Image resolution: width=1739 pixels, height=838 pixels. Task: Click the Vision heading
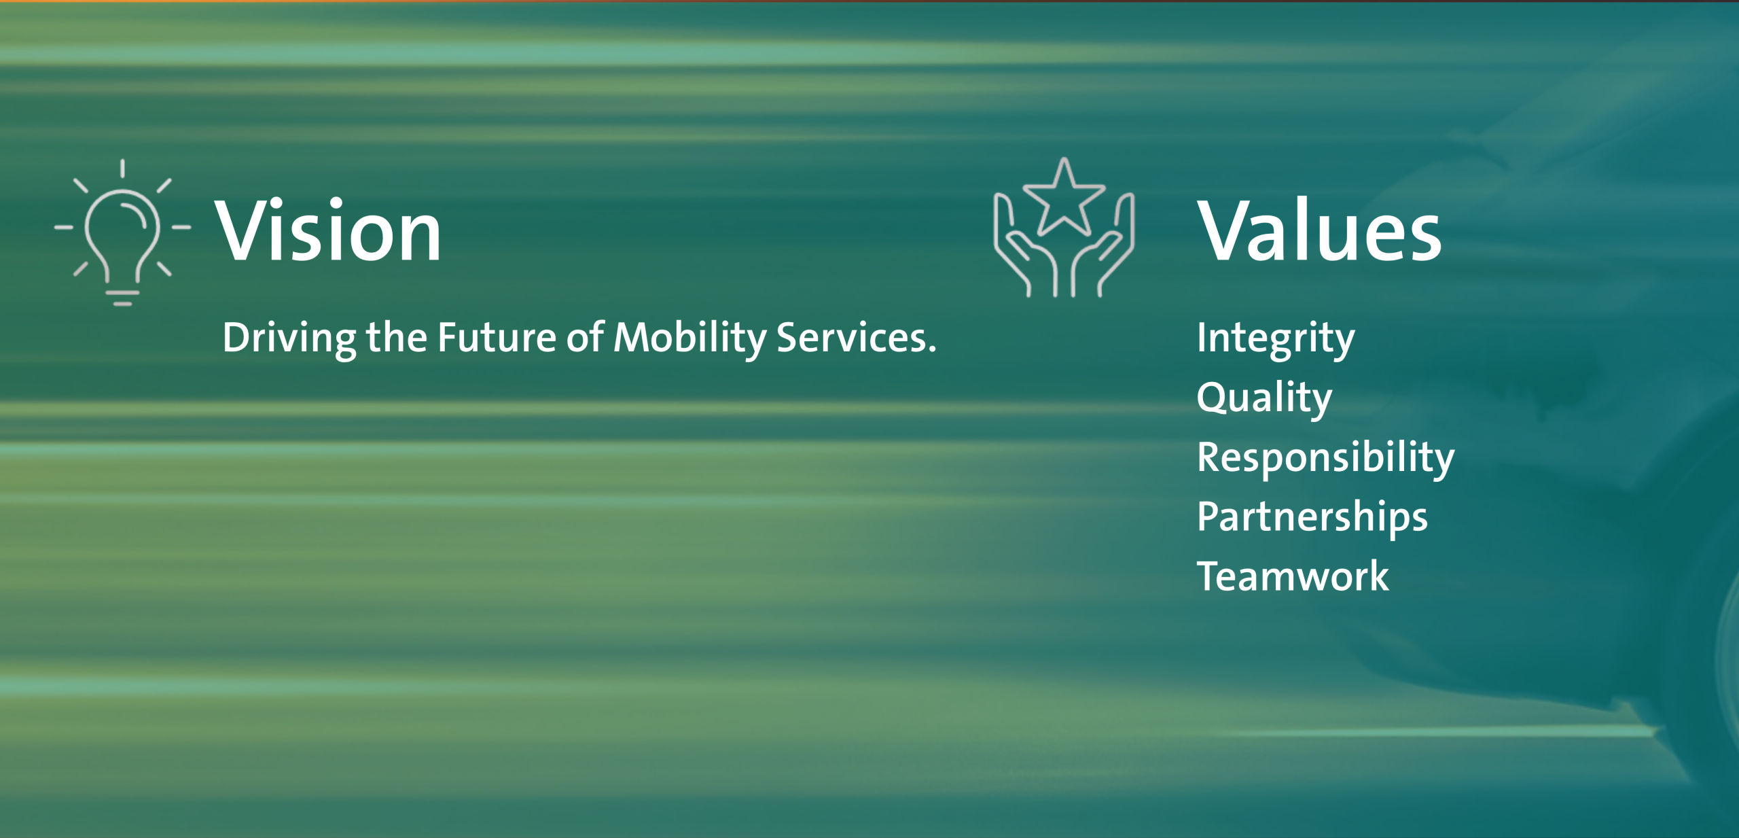pos(328,230)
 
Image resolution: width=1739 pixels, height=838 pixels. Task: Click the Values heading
pos(1319,230)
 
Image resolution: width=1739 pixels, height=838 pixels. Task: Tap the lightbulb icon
pos(122,232)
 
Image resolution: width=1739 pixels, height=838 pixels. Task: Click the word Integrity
pos(1276,339)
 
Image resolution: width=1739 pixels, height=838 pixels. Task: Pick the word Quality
pos(1264,398)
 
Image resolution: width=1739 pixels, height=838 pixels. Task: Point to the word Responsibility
pos(1326,458)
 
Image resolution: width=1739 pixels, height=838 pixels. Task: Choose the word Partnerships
pos(1312,518)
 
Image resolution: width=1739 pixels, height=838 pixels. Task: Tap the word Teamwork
pos(1293,576)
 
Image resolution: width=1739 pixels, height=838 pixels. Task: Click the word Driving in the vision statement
pos(289,339)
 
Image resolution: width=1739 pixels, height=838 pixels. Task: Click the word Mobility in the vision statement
pos(690,338)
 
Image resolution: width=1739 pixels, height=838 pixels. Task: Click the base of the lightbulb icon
pos(123,298)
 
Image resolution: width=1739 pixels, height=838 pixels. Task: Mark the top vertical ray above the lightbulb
pos(122,168)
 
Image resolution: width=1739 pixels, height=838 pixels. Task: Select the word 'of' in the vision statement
pos(586,336)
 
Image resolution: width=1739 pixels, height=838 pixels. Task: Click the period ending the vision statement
pos(933,350)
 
